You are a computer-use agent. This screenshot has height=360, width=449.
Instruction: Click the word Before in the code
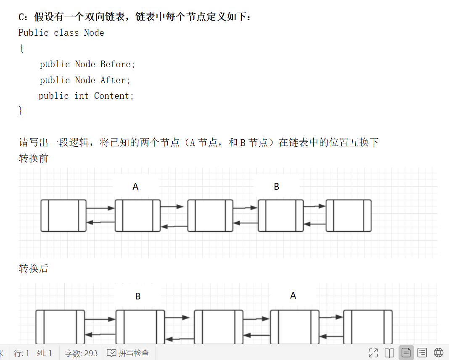(x=117, y=64)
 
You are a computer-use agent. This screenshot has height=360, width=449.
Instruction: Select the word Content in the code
(x=114, y=96)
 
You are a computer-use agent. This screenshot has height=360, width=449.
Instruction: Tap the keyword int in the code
(x=82, y=96)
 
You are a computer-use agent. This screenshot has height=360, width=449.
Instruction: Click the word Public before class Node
(x=34, y=33)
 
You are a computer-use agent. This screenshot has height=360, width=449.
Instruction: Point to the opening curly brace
(x=21, y=48)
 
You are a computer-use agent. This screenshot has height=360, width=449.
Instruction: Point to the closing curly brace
(x=21, y=111)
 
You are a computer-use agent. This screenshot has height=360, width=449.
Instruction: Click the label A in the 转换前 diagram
(x=135, y=186)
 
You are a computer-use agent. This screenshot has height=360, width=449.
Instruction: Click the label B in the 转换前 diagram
(x=277, y=186)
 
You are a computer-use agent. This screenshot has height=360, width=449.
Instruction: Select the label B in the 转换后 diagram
(x=138, y=296)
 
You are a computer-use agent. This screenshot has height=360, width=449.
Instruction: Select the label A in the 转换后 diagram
(x=293, y=296)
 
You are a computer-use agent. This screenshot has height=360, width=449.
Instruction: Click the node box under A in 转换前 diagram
(x=137, y=215)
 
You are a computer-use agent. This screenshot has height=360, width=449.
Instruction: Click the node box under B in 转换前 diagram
(x=280, y=215)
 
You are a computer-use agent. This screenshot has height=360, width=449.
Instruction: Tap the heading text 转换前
(x=34, y=159)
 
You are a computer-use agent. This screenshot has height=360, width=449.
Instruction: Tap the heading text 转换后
(x=34, y=268)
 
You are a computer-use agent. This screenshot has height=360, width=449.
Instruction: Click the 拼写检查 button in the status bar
(x=128, y=353)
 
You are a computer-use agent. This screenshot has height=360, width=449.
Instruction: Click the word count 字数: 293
(x=81, y=353)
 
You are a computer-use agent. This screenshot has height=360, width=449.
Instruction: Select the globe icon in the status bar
(x=438, y=353)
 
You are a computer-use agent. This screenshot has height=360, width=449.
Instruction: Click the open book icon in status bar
(x=389, y=353)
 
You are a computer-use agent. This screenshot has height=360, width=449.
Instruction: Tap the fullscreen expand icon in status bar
(x=373, y=353)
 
